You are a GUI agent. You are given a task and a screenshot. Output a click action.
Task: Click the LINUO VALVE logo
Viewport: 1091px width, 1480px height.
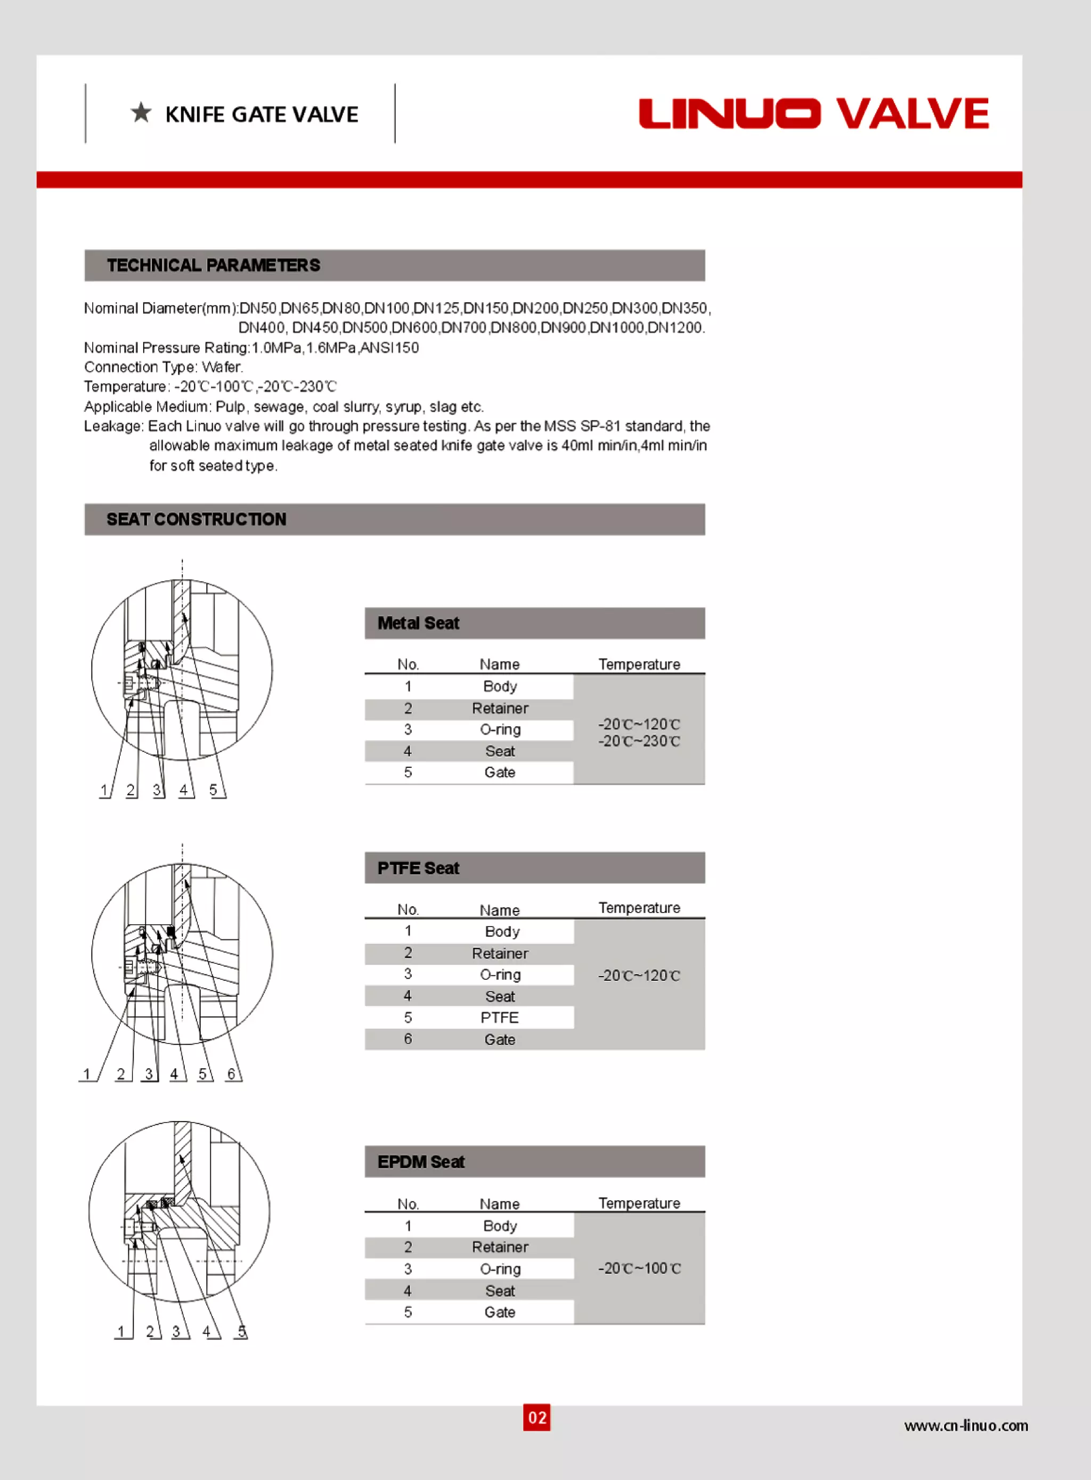coord(813,113)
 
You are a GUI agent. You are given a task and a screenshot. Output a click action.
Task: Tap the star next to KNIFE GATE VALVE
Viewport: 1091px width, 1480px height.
coord(141,113)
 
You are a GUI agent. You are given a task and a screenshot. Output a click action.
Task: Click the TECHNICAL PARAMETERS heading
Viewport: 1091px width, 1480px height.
coord(213,265)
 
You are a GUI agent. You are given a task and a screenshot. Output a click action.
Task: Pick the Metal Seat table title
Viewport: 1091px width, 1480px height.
coord(418,623)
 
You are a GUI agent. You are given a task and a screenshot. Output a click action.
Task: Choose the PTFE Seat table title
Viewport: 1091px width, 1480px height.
coord(418,868)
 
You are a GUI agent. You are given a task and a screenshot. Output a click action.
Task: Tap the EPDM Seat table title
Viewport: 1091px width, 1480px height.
coord(421,1162)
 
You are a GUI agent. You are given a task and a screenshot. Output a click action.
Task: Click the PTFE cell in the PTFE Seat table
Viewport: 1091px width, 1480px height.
coord(499,1018)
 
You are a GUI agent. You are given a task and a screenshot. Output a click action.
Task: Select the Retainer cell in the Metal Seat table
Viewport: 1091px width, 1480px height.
coord(499,709)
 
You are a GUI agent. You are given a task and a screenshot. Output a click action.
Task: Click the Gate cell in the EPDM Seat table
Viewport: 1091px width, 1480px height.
coord(499,1312)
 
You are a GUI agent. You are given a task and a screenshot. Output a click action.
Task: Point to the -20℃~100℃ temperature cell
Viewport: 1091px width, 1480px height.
coord(639,1268)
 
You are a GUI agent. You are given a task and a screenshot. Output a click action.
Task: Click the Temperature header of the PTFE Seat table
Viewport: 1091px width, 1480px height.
coord(639,908)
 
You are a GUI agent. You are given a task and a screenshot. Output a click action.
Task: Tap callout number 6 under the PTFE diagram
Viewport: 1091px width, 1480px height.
coord(231,1074)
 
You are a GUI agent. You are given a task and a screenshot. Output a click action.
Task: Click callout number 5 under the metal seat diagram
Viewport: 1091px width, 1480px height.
coord(213,790)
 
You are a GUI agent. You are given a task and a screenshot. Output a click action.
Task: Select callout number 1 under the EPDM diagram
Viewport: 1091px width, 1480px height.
coord(121,1331)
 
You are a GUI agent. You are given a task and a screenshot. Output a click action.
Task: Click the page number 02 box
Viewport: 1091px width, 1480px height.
coord(536,1417)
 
